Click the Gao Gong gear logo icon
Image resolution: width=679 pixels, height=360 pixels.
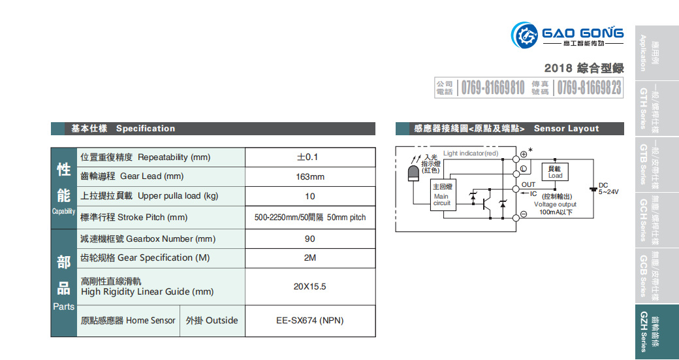[x=524, y=35]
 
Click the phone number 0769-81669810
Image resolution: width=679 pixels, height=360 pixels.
[x=493, y=88]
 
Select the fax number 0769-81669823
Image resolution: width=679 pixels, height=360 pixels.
[x=590, y=88]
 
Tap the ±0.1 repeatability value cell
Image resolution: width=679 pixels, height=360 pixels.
[x=309, y=157]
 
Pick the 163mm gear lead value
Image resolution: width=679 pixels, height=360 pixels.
[x=309, y=176]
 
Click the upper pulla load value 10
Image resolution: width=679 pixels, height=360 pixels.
[x=309, y=196]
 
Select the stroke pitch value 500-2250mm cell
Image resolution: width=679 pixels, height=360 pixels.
[x=309, y=218]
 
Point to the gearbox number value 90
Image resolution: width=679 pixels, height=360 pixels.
[x=309, y=239]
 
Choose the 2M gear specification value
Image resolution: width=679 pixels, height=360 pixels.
[x=309, y=258]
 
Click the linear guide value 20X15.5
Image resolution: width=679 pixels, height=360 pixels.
[x=309, y=286]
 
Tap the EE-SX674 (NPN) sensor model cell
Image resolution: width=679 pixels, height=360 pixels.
[x=309, y=321]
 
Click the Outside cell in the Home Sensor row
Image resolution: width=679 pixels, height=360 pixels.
[x=212, y=321]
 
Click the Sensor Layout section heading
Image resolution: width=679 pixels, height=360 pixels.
[x=566, y=129]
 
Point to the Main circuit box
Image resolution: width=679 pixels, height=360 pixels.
[x=442, y=195]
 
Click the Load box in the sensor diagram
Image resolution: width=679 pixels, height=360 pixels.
[x=556, y=172]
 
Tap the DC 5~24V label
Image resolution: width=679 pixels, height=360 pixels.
[x=608, y=188]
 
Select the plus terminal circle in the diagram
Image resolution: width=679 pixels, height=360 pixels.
[x=524, y=155]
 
